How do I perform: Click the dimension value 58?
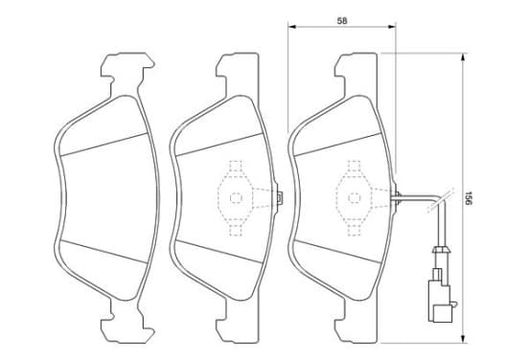click(x=342, y=20)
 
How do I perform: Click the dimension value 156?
click(x=468, y=198)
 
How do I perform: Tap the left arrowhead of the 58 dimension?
click(x=291, y=27)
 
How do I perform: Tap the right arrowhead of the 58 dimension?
click(x=392, y=27)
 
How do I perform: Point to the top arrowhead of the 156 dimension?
click(x=464, y=56)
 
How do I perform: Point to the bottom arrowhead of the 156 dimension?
click(x=464, y=339)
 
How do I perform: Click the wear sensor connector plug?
click(x=440, y=300)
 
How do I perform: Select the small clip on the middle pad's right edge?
click(x=279, y=198)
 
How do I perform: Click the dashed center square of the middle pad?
click(x=236, y=198)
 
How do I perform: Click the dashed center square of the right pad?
click(x=355, y=198)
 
